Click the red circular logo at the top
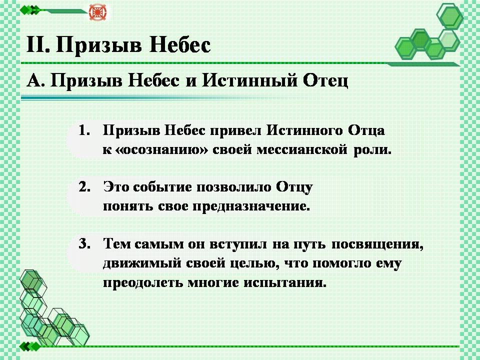point(97,12)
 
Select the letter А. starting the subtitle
point(35,81)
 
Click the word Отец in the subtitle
point(325,81)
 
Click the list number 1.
point(84,130)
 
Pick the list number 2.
point(84,187)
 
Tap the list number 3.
point(84,243)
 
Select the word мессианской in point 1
point(302,150)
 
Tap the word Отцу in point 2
point(294,187)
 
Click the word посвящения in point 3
point(377,244)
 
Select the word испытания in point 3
point(285,282)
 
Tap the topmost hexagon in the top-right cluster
point(450,16)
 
